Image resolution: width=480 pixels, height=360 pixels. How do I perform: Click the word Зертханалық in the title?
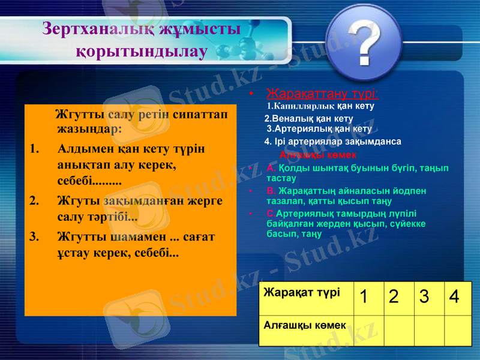[x=91, y=29]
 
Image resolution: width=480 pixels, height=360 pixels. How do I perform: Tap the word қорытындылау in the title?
[x=142, y=51]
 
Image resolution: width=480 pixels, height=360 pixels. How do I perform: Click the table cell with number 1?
[x=366, y=296]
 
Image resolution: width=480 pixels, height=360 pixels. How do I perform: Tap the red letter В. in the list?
[x=271, y=191]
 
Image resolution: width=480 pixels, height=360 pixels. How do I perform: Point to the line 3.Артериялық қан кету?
[x=319, y=128]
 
